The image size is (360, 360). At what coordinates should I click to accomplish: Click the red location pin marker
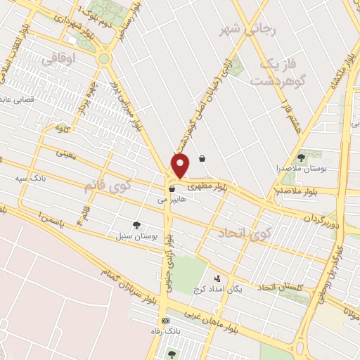coord(181,166)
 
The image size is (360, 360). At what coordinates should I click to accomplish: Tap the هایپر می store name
coord(171,200)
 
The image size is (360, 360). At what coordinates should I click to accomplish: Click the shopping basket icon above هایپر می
coord(171,189)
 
